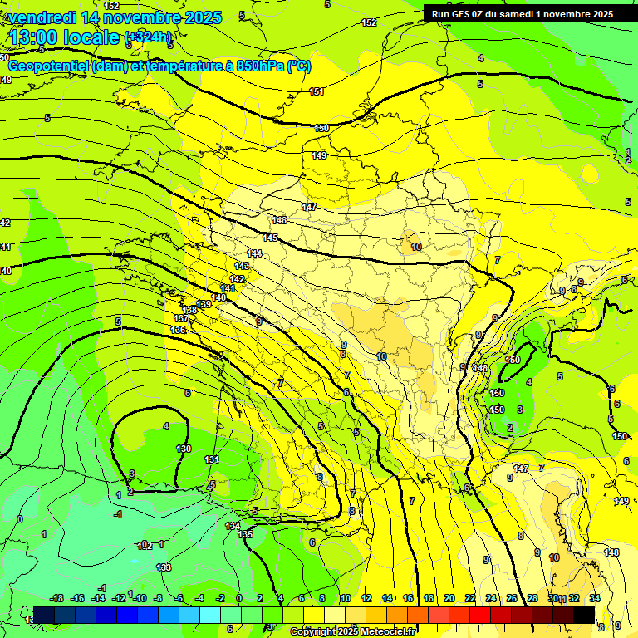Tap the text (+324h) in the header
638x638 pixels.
click(148, 37)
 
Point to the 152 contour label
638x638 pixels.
click(370, 22)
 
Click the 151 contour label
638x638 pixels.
click(317, 91)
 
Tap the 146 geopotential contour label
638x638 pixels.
click(279, 220)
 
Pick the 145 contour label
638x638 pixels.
click(270, 238)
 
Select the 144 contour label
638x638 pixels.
click(254, 253)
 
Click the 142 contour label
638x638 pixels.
click(238, 279)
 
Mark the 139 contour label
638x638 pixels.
click(204, 304)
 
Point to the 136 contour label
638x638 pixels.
click(178, 330)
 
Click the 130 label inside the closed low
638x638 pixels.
click(184, 449)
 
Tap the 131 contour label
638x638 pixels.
click(212, 459)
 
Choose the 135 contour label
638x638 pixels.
click(245, 534)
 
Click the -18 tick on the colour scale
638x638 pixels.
click(56, 598)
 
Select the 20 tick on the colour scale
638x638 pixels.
click(449, 598)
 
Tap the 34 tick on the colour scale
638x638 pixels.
click(595, 598)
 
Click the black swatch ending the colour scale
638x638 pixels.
click(584, 614)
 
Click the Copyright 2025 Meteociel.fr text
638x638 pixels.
click(352, 631)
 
